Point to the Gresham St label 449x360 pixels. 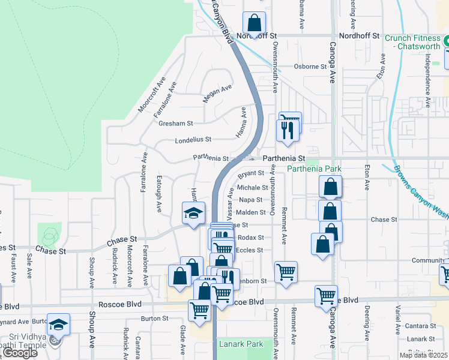(175, 124)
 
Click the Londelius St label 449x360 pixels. (193, 139)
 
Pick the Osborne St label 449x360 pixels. (310, 67)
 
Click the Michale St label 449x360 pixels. (252, 188)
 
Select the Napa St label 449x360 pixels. (251, 200)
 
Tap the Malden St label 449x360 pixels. (251, 212)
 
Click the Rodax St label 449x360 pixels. (251, 238)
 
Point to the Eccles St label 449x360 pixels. (250, 250)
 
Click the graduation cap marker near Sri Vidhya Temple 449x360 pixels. (59, 325)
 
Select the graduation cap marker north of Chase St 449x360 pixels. (193, 213)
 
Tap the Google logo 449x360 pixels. (20, 353)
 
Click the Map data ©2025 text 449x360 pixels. (423, 355)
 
